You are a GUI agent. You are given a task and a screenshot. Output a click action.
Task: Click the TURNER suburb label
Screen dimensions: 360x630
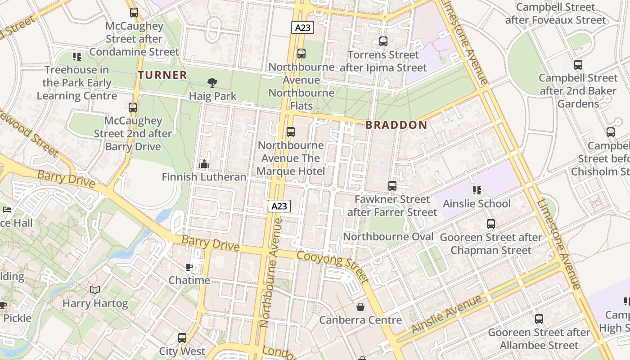(162, 75)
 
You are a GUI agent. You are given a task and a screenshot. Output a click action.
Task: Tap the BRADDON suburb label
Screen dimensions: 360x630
(396, 125)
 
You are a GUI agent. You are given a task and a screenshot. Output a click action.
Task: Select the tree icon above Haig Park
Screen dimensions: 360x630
(212, 82)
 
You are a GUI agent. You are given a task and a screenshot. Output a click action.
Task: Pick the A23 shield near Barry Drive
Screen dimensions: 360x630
(279, 206)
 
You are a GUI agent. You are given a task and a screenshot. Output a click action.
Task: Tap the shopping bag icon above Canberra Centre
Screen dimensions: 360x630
(360, 307)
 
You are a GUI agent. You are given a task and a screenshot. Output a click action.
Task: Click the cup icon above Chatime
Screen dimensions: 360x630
(189, 267)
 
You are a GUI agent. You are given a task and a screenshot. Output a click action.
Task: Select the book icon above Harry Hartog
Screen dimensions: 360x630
(94, 290)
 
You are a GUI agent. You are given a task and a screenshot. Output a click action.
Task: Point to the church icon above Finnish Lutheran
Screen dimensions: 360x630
(204, 164)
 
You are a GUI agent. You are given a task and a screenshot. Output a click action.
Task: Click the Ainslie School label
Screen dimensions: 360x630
(477, 203)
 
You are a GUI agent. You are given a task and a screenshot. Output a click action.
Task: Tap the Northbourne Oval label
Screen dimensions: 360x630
(388, 237)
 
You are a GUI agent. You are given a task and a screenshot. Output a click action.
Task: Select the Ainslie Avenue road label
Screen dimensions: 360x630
(446, 314)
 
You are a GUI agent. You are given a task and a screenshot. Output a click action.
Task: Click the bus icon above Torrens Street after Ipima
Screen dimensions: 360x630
(383, 41)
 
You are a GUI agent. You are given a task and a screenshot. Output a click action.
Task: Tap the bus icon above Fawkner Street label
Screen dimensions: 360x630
(392, 186)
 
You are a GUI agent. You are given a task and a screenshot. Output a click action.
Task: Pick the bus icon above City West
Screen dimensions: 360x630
(182, 338)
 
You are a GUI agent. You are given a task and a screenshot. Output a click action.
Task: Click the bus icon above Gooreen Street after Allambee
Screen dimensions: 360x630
(539, 319)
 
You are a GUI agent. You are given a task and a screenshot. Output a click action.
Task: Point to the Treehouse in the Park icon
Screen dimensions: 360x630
(77, 57)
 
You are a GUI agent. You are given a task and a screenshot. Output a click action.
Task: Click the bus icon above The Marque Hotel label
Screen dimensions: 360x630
(291, 132)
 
